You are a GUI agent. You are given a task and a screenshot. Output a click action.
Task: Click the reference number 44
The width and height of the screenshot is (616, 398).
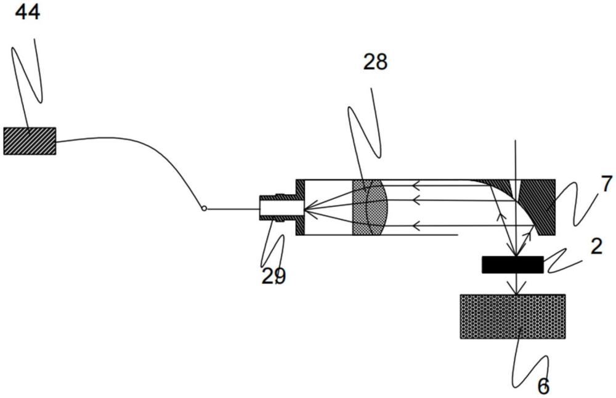27,12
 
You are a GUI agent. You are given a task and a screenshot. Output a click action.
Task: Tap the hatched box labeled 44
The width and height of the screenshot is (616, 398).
30,140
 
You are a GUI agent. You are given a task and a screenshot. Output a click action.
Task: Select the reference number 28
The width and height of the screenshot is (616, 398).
375,62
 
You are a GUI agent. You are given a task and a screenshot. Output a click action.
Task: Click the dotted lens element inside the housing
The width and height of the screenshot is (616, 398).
368,207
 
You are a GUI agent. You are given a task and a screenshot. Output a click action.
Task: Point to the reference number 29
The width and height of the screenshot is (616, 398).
274,276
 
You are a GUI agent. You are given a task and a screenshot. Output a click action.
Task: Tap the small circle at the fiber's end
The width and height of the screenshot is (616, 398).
205,209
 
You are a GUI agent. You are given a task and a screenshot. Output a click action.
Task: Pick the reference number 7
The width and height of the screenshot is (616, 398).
607,184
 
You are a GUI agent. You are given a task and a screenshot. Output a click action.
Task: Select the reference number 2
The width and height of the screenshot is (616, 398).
596,246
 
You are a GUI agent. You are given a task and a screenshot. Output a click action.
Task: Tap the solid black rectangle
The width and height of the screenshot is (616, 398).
513,265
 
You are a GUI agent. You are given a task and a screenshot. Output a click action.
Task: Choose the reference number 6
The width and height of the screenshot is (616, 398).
543,386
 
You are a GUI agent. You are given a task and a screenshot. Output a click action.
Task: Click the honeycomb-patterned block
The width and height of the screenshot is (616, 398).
513,316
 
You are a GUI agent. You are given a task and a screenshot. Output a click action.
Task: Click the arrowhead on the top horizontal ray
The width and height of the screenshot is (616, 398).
416,184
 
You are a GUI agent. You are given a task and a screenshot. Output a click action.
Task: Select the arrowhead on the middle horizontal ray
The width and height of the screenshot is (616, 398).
416,200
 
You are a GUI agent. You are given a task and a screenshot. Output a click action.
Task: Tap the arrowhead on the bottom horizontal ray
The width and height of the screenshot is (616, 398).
416,225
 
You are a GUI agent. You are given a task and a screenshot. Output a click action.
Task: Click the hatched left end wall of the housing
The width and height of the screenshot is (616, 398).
300,207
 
